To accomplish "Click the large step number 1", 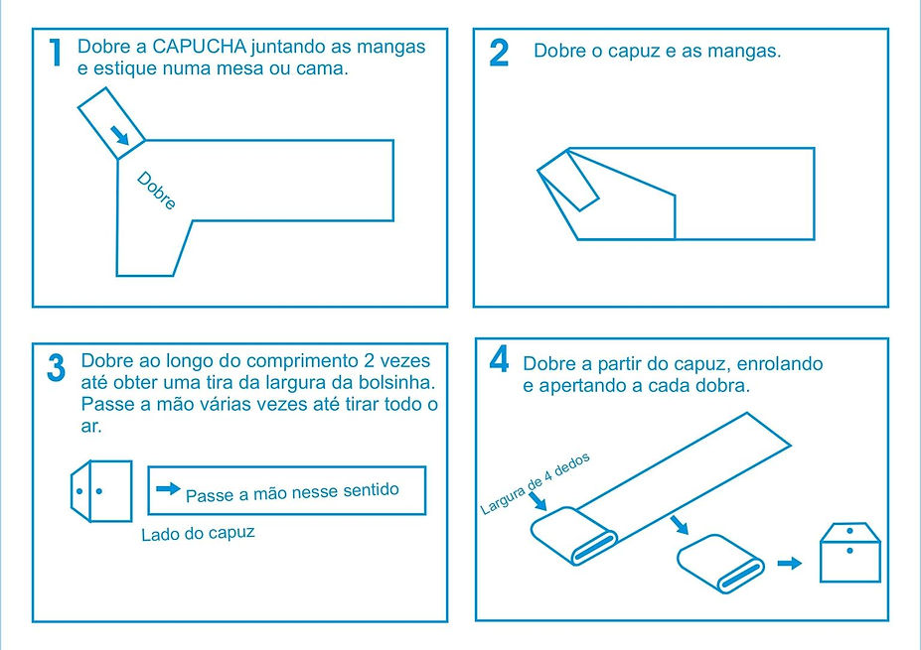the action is click(56, 53).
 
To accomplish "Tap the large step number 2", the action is click(499, 53).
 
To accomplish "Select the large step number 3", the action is click(57, 368).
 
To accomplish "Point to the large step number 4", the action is click(500, 359).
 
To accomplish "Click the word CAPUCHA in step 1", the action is click(199, 47).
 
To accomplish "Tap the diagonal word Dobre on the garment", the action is click(156, 191).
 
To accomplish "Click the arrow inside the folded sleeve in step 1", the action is click(120, 136).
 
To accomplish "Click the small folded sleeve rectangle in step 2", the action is click(568, 181).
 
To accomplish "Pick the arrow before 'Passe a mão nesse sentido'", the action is click(168, 488).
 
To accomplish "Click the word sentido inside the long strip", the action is click(371, 490).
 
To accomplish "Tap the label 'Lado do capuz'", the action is click(198, 533).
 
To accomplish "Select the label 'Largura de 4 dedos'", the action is click(535, 484).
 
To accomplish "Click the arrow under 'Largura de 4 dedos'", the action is click(537, 501).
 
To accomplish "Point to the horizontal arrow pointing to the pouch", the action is click(790, 564).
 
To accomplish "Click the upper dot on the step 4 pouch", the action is click(849, 531).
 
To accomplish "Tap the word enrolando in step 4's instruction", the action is click(780, 364).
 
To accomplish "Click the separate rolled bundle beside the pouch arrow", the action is click(720, 564).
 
